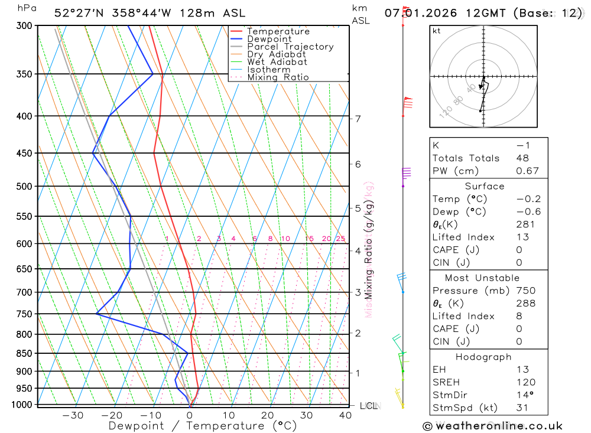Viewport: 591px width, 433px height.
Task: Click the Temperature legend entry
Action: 278,31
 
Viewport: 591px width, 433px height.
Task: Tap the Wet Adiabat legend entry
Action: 277,61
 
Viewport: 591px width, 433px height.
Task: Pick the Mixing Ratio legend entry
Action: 278,77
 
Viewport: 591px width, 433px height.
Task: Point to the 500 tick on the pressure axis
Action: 24,186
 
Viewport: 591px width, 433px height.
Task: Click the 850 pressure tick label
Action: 24,353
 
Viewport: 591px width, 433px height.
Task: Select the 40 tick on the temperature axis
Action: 345,415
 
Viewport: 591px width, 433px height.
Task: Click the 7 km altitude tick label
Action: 358,119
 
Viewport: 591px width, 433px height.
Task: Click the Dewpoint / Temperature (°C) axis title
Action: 203,426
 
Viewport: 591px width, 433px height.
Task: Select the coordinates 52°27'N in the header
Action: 79,12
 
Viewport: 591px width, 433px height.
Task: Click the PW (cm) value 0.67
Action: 527,171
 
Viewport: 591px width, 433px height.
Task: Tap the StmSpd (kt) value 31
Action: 522,407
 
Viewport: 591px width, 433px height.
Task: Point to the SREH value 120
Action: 525,382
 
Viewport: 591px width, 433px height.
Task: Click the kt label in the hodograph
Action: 437,31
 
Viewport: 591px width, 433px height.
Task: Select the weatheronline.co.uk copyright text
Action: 492,426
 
